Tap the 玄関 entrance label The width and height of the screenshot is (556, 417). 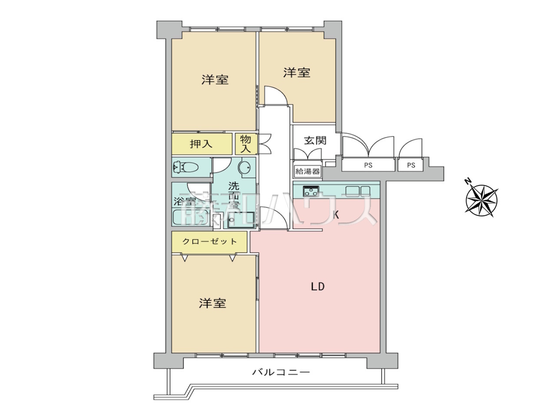tap(315, 140)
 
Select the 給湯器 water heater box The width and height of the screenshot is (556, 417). tap(308, 172)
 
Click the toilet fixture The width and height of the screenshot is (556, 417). tap(185, 167)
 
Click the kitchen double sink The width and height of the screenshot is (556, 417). tap(358, 192)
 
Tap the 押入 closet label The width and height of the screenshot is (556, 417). tap(201, 144)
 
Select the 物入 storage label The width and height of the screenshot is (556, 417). tap(245, 144)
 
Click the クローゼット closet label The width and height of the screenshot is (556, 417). tap(209, 241)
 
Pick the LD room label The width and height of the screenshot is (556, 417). tap(318, 287)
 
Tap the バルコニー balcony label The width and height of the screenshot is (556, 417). tap(281, 372)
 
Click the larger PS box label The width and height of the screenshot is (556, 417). tap(368, 165)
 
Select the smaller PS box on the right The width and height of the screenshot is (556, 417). tap(411, 165)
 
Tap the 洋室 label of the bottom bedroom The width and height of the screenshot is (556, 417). tap(212, 303)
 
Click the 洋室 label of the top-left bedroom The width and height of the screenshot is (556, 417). tap(215, 80)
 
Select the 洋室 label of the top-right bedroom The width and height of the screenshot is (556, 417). tap(297, 73)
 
